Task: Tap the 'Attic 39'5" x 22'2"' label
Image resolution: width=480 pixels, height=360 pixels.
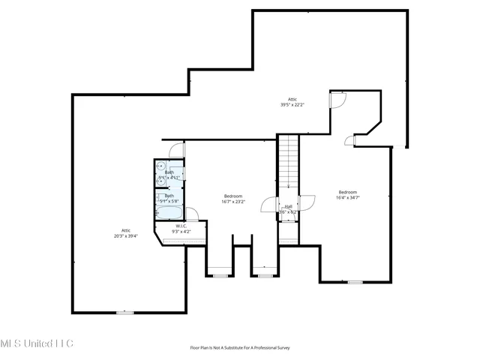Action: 292,102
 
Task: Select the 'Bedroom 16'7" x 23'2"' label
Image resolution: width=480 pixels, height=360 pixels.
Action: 233,199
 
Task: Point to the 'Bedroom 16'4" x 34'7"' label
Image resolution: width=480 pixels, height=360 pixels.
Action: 349,195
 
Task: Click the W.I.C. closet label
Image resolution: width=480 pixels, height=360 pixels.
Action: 181,229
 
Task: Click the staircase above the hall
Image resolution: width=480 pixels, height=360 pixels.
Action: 289,161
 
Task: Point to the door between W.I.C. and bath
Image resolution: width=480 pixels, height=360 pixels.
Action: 191,213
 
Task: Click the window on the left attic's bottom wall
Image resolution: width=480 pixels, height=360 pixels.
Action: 124,312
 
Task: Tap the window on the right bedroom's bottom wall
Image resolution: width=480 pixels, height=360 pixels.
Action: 355,283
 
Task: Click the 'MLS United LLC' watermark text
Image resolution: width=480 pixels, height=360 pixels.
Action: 37,343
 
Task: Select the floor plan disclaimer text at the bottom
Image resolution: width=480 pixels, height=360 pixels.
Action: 239,348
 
